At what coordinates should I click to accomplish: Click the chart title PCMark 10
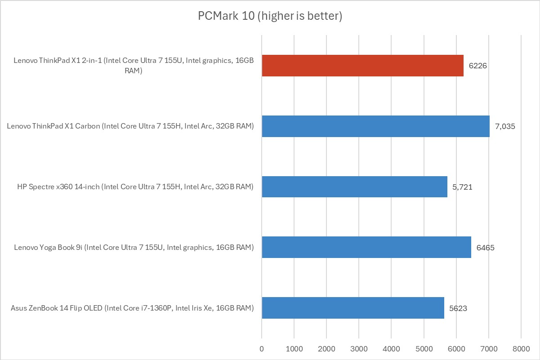point(270,16)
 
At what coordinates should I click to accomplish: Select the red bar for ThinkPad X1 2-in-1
point(362,66)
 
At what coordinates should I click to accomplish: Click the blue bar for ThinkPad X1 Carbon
point(375,126)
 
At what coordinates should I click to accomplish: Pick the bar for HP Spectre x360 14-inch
point(354,187)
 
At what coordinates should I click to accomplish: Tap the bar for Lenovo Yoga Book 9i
point(366,247)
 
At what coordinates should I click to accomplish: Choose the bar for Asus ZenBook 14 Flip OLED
point(353,308)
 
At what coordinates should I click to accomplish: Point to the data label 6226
point(478,66)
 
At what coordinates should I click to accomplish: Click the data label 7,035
point(505,127)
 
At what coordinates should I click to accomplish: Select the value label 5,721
point(463,187)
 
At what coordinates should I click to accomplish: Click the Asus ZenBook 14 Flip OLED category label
point(132,308)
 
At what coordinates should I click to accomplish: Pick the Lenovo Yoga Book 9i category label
point(134,248)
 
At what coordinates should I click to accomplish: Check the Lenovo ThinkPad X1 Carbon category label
point(130,127)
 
